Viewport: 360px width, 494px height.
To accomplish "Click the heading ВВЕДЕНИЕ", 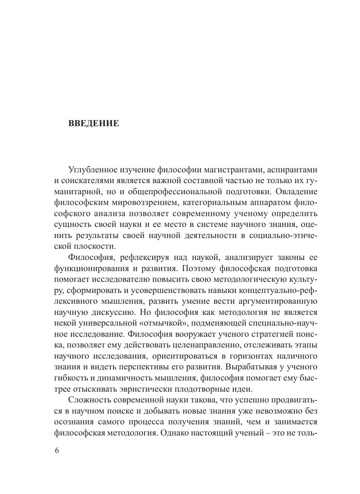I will click(94, 123).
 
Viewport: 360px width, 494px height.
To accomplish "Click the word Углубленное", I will click(93, 170).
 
